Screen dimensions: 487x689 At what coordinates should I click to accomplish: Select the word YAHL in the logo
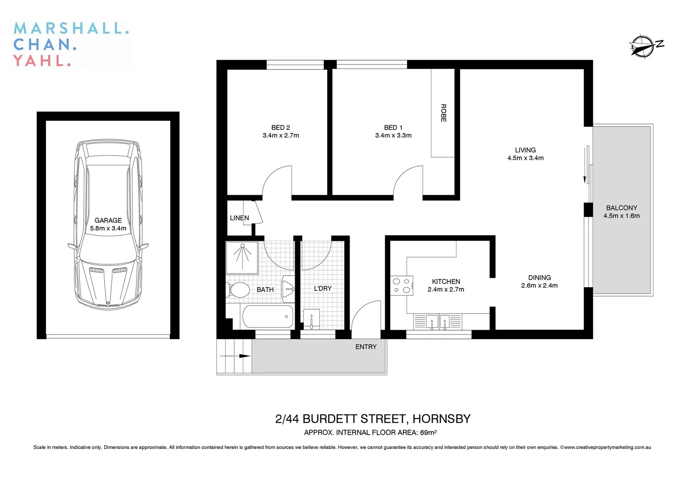point(41,60)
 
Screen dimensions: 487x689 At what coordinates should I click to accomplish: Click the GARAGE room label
point(108,221)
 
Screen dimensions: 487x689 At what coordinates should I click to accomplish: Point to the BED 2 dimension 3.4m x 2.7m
point(281,135)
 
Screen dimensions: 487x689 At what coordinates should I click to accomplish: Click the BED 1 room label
point(393,128)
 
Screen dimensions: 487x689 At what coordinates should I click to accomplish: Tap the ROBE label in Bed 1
point(443,113)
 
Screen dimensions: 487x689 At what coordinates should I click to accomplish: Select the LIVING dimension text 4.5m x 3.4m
point(525,158)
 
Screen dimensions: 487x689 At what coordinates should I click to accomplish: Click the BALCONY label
point(621,208)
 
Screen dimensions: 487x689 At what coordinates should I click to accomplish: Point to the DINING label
point(539,278)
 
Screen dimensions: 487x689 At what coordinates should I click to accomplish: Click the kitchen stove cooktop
point(402,285)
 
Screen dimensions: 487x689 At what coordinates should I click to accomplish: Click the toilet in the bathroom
point(237,290)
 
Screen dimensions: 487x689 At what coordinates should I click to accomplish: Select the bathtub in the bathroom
point(268,317)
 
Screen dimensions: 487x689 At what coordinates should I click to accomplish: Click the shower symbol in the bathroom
point(242,257)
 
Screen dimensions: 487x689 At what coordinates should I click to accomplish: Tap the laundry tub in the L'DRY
point(311,319)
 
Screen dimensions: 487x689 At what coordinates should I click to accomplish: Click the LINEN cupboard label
point(239,218)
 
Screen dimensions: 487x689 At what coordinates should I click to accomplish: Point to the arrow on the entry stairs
point(234,356)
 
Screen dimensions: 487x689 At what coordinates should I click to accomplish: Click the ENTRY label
point(365,347)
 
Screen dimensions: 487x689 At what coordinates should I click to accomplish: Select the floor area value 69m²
point(428,432)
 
